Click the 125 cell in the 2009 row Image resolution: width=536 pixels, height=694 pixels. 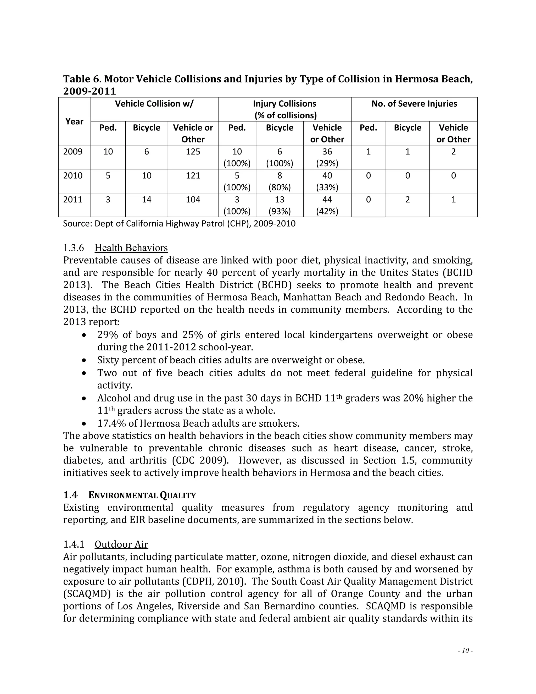pos(193,152)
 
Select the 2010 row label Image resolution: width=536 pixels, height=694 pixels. pos(73,176)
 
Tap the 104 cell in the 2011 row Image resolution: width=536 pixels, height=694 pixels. pos(193,200)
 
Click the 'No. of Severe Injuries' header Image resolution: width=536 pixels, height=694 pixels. pos(414,104)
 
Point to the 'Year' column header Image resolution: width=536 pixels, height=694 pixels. pos(74,122)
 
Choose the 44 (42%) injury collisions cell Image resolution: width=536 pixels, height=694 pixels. pos(327,205)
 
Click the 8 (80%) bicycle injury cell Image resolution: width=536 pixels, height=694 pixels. pos(280,181)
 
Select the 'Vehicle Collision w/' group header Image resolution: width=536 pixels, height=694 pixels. pos(154,104)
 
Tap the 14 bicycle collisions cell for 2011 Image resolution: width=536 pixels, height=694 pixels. pos(146,200)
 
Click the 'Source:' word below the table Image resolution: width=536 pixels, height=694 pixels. pos(77,224)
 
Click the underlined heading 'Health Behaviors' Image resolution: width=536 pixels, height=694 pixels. pos(131,248)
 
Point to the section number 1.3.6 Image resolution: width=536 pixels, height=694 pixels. pos(73,248)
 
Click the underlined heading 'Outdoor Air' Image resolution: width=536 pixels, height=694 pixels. pos(121,544)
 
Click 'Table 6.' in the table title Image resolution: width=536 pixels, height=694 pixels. pos(82,79)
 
